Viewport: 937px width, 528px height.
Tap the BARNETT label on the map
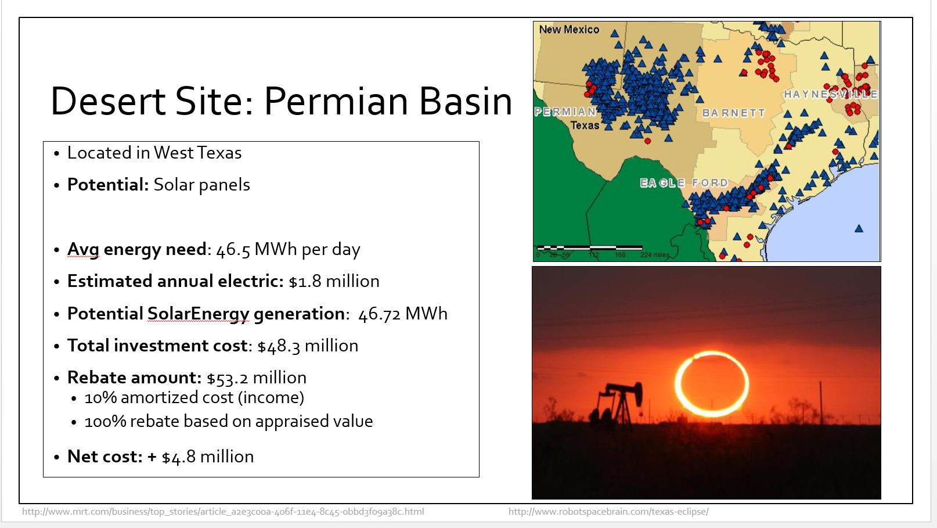[x=734, y=113]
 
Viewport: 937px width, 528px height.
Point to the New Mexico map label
[x=570, y=30]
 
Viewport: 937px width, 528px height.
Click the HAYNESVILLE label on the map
[x=831, y=94]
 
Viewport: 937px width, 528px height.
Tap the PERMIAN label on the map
[x=565, y=112]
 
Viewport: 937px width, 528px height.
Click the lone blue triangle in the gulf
[x=859, y=228]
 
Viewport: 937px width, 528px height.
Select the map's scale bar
[x=590, y=248]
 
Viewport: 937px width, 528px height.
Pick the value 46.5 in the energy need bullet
[x=233, y=249]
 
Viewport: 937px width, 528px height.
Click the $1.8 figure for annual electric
[x=305, y=281]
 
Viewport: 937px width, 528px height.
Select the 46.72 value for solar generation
[x=380, y=314]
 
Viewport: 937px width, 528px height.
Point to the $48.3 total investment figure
[x=279, y=346]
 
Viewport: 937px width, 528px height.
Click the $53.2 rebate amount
[x=228, y=378]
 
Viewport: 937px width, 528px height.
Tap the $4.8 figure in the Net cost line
[x=179, y=457]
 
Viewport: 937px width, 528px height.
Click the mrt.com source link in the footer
[x=223, y=512]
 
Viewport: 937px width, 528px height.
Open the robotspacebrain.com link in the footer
[x=608, y=512]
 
